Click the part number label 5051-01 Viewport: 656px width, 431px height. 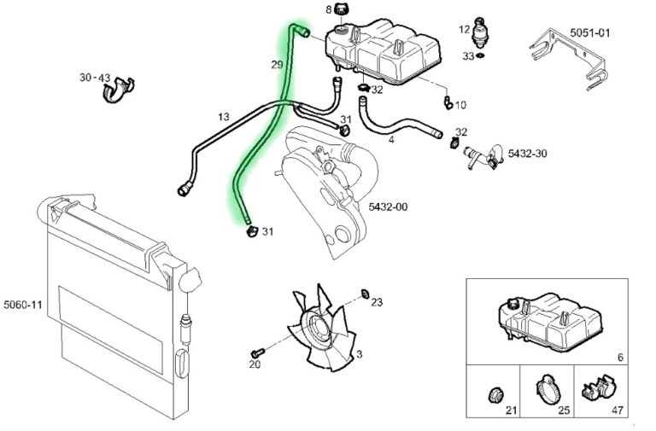[590, 32]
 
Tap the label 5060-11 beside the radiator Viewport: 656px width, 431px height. [23, 305]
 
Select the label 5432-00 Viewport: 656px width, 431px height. [388, 207]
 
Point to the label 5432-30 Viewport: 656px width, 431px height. [528, 154]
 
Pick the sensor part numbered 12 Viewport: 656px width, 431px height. [480, 32]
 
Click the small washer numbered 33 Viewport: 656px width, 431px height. [480, 55]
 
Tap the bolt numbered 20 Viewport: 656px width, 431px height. [258, 352]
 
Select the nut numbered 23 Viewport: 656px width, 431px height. [365, 294]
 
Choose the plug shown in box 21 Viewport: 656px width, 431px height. [496, 394]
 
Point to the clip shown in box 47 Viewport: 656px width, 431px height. [597, 390]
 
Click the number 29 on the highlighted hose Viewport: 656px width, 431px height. [277, 65]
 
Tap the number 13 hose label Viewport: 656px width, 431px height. [224, 117]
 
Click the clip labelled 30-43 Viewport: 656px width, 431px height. [119, 90]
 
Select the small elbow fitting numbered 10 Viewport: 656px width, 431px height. [448, 102]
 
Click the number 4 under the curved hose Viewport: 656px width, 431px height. [391, 139]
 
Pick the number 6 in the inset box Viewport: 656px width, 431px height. [620, 357]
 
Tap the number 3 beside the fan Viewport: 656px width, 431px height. [359, 354]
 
